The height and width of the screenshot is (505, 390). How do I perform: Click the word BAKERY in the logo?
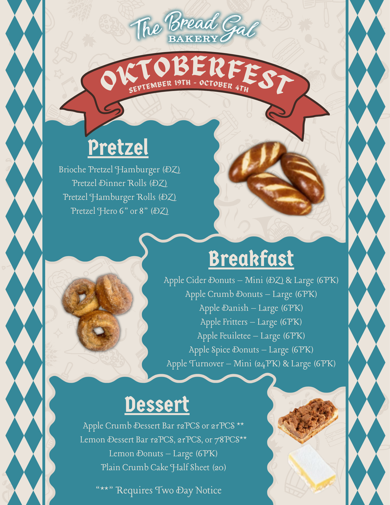click(x=193, y=39)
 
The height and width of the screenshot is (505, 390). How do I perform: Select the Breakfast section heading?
click(x=251, y=258)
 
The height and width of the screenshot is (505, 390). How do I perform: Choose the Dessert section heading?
click(x=157, y=405)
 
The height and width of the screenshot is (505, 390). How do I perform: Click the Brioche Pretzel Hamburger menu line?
click(x=119, y=170)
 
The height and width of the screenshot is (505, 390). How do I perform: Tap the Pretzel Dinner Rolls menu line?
click(x=120, y=183)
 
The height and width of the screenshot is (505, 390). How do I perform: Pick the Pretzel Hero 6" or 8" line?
click(x=120, y=211)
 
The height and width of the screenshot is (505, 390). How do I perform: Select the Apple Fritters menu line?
click(x=251, y=322)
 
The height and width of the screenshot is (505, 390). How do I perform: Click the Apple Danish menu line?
click(x=251, y=308)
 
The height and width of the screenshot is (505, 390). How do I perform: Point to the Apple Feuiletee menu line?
click(x=251, y=336)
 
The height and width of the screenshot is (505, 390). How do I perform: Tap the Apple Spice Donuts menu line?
click(x=251, y=350)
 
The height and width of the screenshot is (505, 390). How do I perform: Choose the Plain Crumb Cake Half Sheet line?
click(x=163, y=467)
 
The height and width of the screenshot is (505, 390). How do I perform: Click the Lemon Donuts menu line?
click(x=163, y=454)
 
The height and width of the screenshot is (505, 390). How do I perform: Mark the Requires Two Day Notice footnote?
click(x=159, y=490)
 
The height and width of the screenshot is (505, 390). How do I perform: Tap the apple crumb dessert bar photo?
click(x=308, y=420)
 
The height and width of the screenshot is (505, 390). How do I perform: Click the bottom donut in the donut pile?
click(x=99, y=330)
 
